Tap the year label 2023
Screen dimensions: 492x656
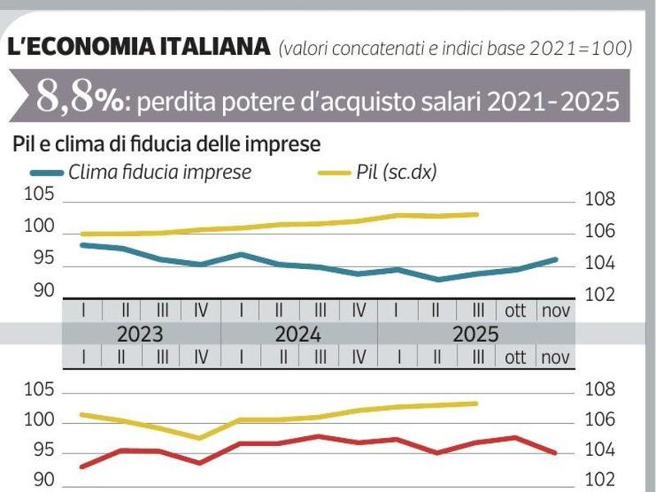tap(141, 335)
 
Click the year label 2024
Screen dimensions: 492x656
tap(298, 335)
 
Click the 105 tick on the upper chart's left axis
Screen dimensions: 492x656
tap(39, 195)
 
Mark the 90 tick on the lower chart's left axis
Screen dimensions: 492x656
tap(43, 481)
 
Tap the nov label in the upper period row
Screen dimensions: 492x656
tap(555, 311)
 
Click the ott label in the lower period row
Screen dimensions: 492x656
tap(516, 358)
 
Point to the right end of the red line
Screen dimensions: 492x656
tap(556, 453)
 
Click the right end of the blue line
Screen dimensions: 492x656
tap(556, 260)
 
